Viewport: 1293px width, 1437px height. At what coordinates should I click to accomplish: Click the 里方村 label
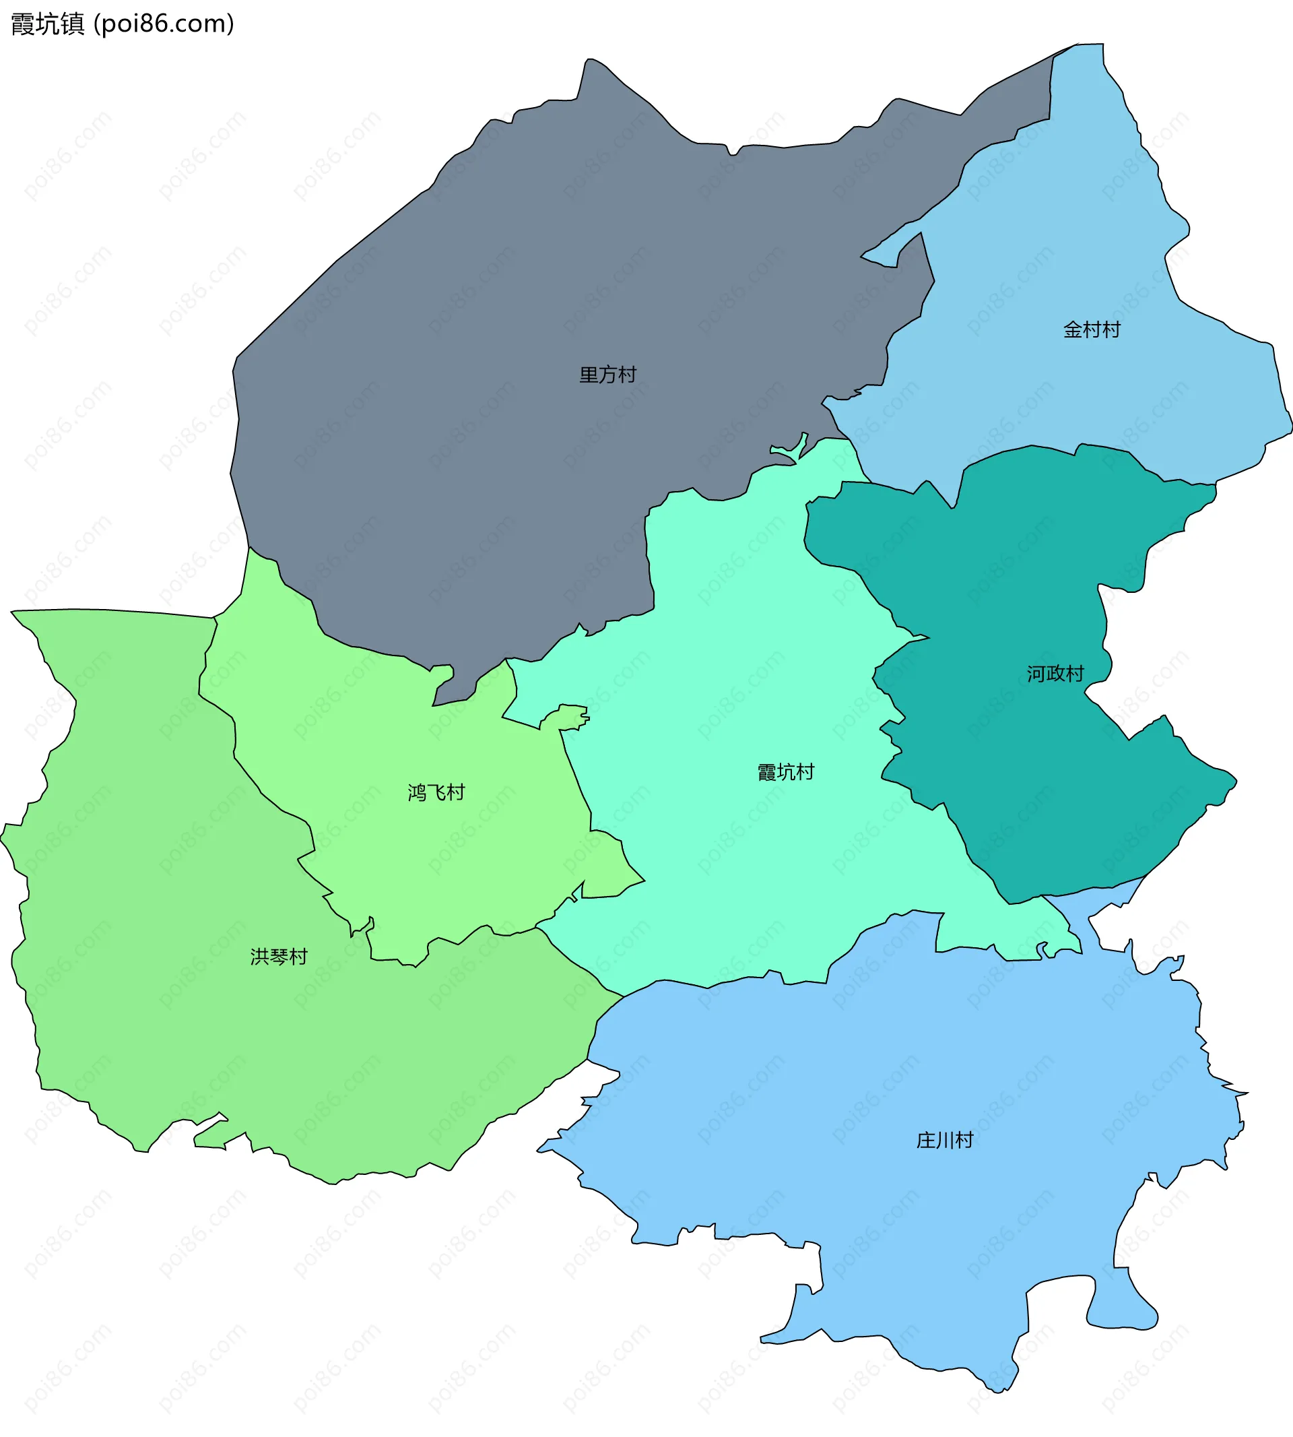[x=607, y=375]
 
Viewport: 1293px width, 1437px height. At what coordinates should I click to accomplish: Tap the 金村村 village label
[x=1091, y=329]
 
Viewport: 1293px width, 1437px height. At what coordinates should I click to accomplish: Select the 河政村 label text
[x=1055, y=674]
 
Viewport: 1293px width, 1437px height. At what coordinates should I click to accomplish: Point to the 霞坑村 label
[x=786, y=772]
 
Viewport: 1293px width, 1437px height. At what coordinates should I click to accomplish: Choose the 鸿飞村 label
[x=436, y=792]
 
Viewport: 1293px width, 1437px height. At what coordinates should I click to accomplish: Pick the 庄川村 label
[x=944, y=1141]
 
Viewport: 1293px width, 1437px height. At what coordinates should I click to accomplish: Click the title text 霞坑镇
[x=48, y=24]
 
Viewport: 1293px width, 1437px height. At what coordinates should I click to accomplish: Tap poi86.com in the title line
[x=164, y=24]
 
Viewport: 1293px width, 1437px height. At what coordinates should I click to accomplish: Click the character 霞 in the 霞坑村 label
[x=767, y=772]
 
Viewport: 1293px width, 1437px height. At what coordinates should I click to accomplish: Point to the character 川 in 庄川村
[x=944, y=1141]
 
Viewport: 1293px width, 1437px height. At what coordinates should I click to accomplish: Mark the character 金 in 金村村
[x=1073, y=329]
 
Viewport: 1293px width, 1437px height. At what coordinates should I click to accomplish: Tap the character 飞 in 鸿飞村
[x=436, y=792]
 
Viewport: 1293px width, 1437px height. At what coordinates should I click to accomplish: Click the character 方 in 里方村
[x=607, y=375]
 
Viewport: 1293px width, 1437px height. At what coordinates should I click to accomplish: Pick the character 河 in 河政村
[x=1036, y=674]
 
